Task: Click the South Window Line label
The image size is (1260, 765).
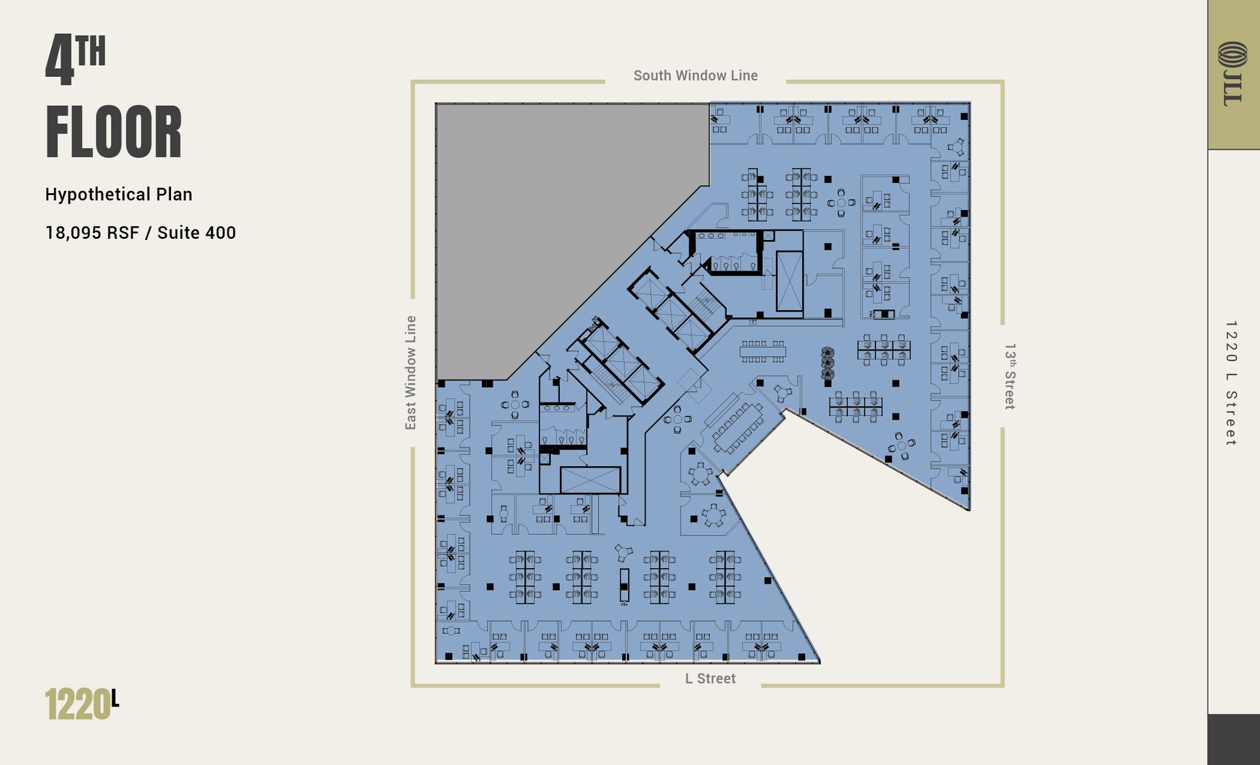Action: pos(695,76)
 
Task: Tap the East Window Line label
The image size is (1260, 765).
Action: pos(410,372)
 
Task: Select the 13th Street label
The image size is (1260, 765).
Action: pos(1010,376)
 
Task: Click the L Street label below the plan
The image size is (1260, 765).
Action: pos(710,678)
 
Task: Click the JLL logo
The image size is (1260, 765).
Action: pos(1232,74)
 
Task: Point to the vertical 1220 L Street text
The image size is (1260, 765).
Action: pos(1230,383)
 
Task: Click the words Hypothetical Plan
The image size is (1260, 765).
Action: pos(119,194)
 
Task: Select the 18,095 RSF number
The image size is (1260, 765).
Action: pos(92,233)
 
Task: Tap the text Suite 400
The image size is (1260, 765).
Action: pos(196,233)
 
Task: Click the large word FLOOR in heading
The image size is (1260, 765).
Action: pos(114,133)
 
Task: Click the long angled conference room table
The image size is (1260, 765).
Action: pos(738,428)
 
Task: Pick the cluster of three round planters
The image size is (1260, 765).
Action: pos(827,363)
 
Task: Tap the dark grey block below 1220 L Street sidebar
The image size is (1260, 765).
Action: pos(1233,739)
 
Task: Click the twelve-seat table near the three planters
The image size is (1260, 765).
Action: pos(762,351)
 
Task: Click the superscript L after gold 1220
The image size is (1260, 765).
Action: pos(115,698)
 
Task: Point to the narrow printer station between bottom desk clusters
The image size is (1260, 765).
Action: pos(624,585)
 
